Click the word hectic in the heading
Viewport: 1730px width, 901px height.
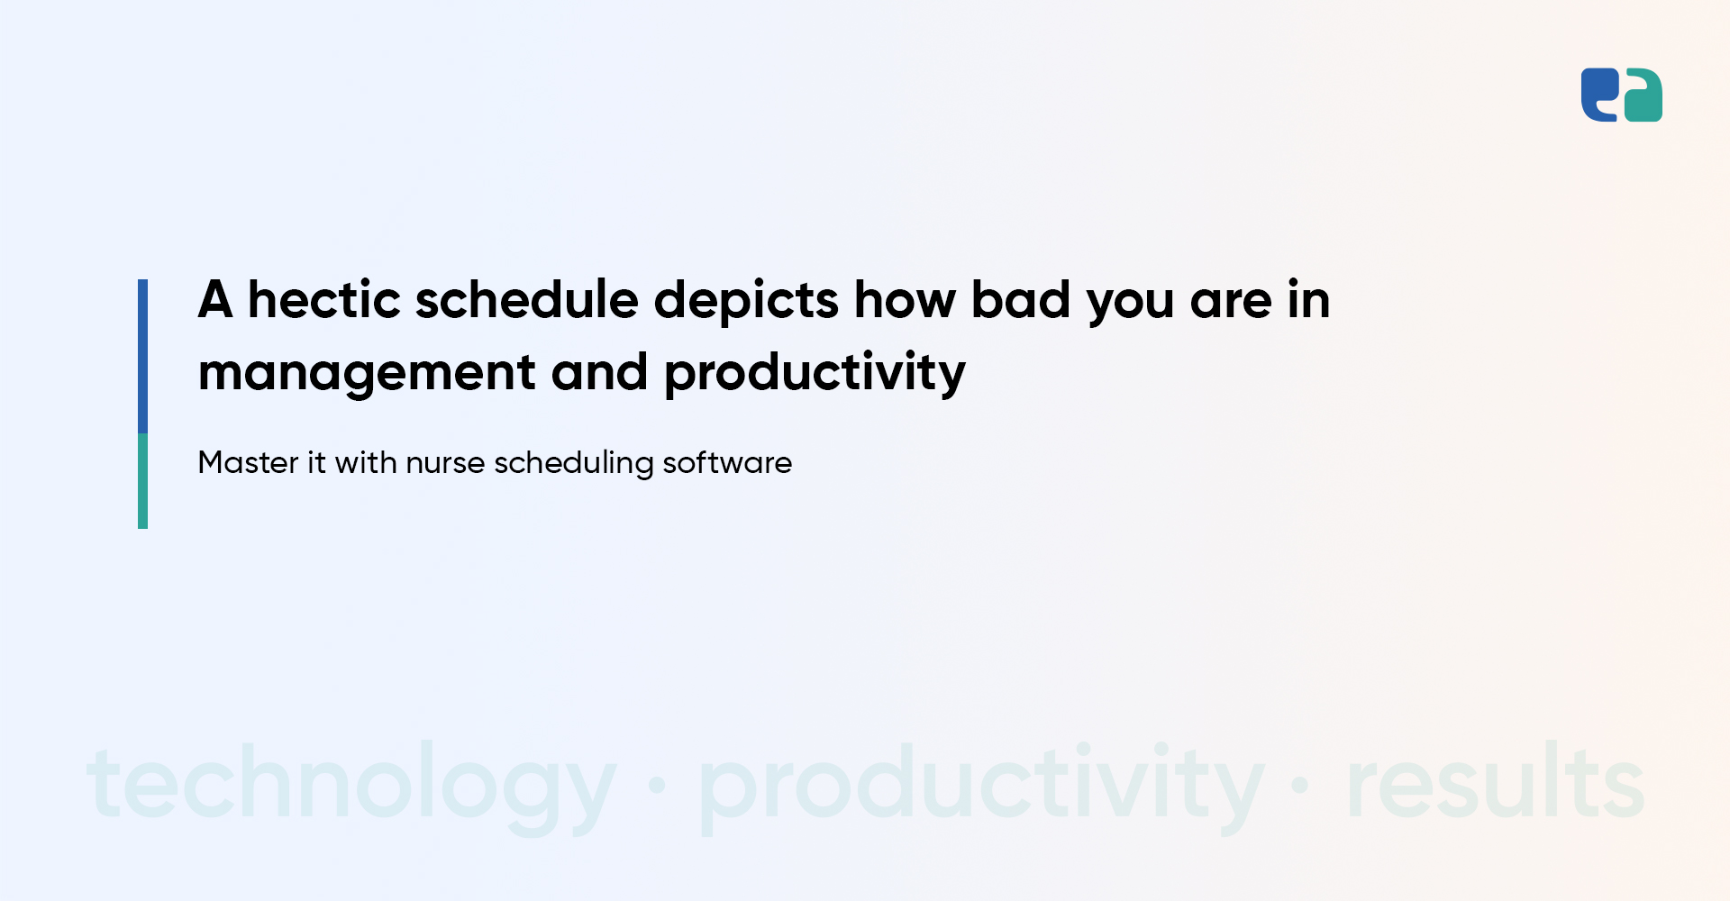click(x=324, y=299)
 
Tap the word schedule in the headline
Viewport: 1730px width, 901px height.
click(x=526, y=299)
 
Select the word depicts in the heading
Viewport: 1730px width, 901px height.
click(x=747, y=302)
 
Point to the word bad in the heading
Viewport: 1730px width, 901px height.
click(x=1021, y=299)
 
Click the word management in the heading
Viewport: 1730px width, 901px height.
click(x=367, y=373)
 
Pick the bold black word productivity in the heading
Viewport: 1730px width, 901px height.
click(x=815, y=373)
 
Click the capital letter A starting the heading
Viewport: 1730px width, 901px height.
click(x=215, y=299)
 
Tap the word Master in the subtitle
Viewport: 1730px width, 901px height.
click(x=248, y=462)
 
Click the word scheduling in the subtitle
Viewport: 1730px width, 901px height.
click(x=574, y=464)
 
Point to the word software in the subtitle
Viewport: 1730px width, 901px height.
click(x=727, y=462)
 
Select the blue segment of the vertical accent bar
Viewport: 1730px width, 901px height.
click(x=142, y=357)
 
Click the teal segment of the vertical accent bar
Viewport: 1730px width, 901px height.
click(x=142, y=481)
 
